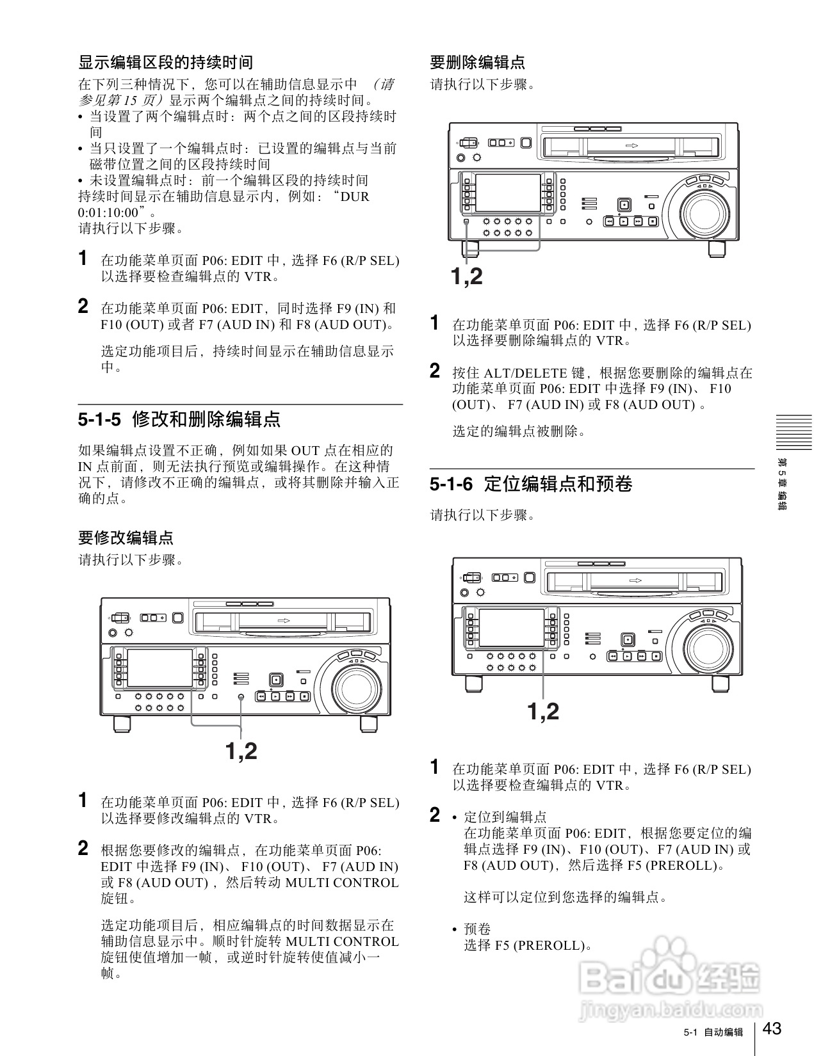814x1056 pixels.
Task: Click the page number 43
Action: tap(772, 1028)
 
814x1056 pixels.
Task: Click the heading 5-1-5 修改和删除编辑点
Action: tap(179, 420)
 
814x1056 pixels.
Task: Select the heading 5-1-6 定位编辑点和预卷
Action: tap(531, 484)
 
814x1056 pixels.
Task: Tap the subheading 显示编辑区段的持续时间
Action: tap(165, 62)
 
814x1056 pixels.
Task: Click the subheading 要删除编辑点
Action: tap(477, 62)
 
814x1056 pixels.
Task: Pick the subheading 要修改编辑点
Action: tap(126, 538)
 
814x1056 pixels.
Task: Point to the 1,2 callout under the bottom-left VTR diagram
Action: tap(241, 750)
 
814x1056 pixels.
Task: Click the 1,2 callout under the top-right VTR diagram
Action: tap(466, 276)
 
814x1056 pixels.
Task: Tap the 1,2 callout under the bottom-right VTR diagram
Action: tap(543, 711)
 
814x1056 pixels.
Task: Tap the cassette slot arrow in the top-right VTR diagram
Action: tap(632, 145)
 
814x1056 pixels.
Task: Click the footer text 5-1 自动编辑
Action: tap(713, 1032)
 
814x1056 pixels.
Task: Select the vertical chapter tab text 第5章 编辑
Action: tap(781, 483)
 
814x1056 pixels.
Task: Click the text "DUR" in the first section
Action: tap(355, 196)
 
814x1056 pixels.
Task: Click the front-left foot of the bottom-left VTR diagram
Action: tap(122, 724)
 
